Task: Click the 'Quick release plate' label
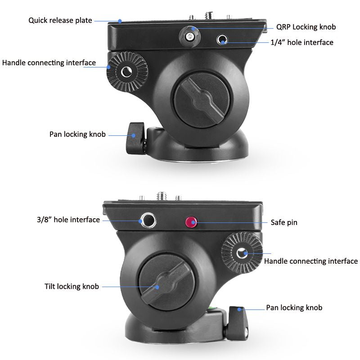60,20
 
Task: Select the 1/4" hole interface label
302,42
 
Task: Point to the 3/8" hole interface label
68,220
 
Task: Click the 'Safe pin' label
283,222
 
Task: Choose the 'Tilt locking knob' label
72,286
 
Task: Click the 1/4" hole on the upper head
221,40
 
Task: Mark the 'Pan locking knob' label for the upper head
77,134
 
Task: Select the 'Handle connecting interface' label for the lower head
310,261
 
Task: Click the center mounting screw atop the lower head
161,196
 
